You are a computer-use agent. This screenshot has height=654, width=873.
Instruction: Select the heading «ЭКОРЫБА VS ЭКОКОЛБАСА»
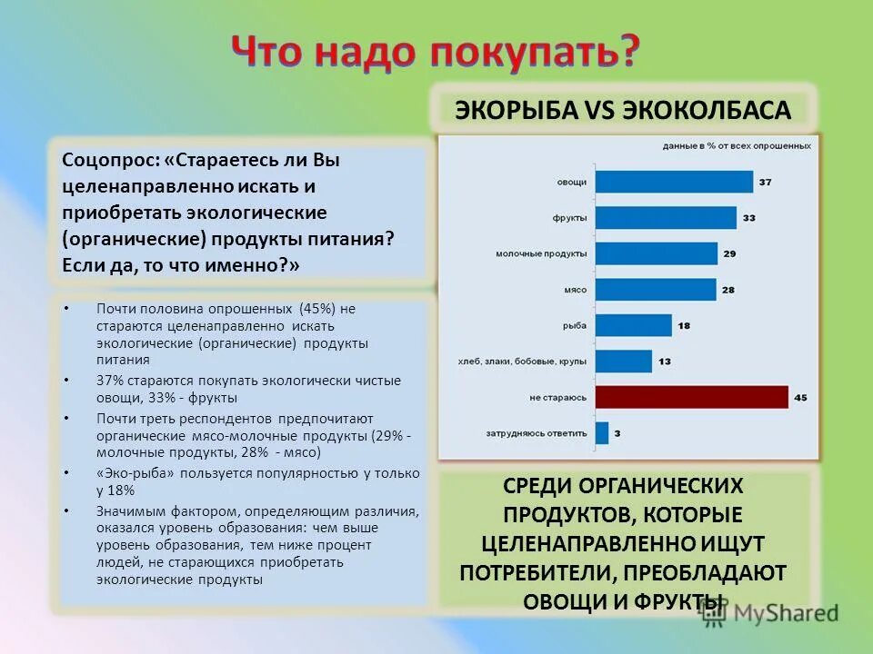[x=624, y=110]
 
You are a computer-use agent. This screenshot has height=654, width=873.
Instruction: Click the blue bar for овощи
[x=673, y=183]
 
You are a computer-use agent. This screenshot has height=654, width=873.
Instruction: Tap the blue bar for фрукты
[x=665, y=218]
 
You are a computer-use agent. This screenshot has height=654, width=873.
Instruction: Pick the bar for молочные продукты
[x=656, y=253]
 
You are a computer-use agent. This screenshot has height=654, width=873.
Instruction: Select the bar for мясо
[x=655, y=290]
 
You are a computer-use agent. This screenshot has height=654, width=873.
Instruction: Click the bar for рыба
[x=633, y=325]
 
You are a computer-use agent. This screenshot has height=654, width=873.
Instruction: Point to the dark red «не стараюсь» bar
[x=691, y=397]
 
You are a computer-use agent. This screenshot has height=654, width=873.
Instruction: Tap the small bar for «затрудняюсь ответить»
[x=601, y=433]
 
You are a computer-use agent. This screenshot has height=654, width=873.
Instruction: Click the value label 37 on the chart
[x=765, y=183]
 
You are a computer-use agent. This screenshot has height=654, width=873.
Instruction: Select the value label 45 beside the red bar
[x=800, y=397]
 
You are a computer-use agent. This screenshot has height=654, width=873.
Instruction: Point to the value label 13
[x=664, y=362]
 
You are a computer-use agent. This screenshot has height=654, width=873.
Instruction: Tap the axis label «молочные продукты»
[x=541, y=253]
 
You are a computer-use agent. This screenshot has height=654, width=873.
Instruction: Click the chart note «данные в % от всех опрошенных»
[x=737, y=145]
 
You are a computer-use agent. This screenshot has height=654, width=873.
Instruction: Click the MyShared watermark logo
[x=769, y=613]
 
